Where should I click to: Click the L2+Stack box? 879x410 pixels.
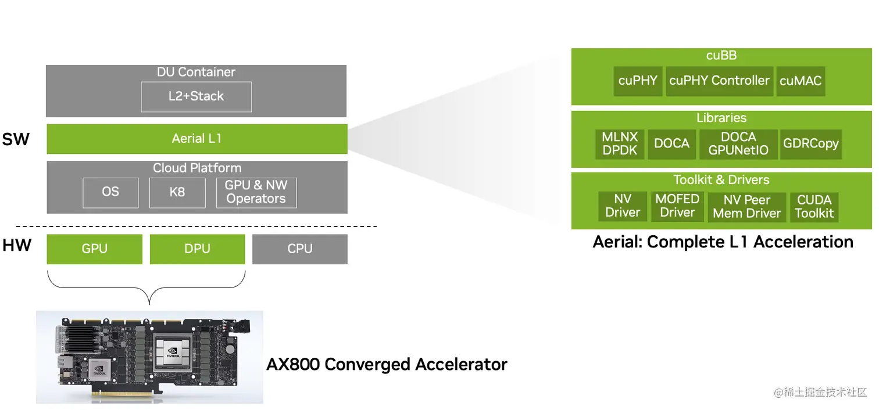tap(196, 96)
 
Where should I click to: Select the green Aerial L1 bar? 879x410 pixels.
tap(196, 139)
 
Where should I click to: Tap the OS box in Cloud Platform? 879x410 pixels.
tap(110, 192)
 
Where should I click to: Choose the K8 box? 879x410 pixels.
tap(177, 192)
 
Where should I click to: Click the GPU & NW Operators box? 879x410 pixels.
tap(256, 192)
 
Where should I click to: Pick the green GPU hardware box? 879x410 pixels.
tap(94, 249)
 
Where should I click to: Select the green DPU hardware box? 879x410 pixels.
tap(197, 249)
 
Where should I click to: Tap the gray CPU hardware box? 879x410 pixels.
tap(300, 249)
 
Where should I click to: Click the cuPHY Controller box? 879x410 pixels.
tap(719, 81)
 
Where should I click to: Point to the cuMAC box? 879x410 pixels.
tap(801, 81)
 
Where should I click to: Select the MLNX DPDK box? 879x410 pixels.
tap(620, 144)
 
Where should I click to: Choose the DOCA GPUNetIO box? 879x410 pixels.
tap(738, 144)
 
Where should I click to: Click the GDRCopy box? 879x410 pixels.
tap(810, 144)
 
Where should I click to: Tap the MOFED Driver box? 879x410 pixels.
tap(677, 206)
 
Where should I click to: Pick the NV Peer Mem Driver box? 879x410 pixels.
tap(746, 207)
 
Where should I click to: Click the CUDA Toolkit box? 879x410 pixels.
tap(814, 207)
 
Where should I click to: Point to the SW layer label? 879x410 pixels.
tap(16, 139)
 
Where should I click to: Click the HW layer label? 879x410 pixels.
tap(16, 246)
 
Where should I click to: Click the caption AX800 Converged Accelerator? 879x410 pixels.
tap(387, 365)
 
